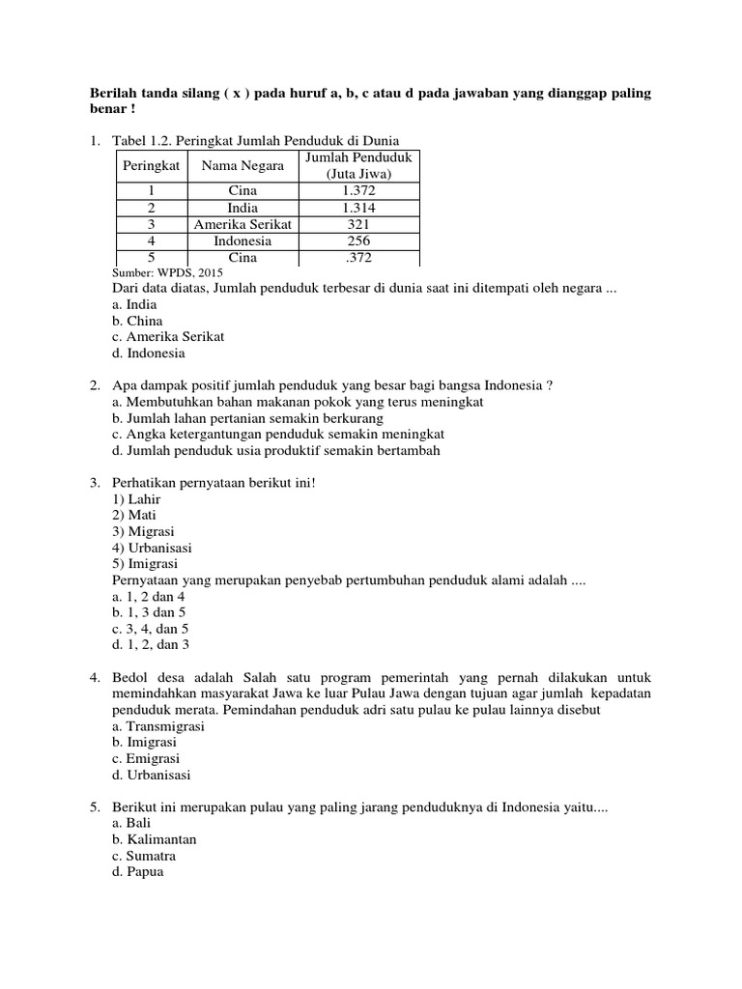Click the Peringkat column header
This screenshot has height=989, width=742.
(x=152, y=166)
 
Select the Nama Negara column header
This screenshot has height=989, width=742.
(x=243, y=166)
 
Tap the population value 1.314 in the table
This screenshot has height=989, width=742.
(x=359, y=208)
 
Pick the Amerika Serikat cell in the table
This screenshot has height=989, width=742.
(x=243, y=224)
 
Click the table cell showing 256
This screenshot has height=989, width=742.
(x=359, y=240)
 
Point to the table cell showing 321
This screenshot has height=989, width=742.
(x=359, y=224)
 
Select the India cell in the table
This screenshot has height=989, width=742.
(x=243, y=208)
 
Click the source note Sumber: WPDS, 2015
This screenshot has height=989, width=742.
(x=167, y=273)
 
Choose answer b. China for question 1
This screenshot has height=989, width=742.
(x=137, y=321)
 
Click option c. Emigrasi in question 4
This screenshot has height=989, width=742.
(x=146, y=758)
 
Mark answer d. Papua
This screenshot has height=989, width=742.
(x=138, y=872)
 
